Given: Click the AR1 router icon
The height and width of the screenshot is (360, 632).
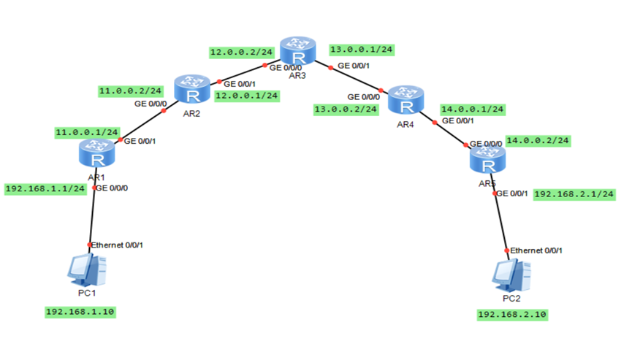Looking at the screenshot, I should (x=96, y=154).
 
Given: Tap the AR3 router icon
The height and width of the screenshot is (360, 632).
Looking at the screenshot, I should (x=297, y=50).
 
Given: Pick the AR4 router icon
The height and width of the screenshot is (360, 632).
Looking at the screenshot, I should (x=406, y=99).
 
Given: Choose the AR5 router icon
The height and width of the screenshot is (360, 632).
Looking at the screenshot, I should (x=487, y=158).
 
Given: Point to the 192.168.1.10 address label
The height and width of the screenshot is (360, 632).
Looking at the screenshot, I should (x=81, y=312).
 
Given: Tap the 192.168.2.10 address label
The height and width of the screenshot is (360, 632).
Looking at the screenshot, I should (x=512, y=315).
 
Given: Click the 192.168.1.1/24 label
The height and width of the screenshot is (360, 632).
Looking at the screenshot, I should (x=45, y=188).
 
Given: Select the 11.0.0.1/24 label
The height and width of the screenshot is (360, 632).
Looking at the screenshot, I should (x=86, y=132).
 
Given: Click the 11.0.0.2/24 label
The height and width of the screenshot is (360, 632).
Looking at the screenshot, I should (x=130, y=91).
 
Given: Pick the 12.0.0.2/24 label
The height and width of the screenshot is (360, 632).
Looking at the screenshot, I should (x=241, y=52).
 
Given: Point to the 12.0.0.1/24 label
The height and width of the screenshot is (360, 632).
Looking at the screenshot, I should (x=246, y=95).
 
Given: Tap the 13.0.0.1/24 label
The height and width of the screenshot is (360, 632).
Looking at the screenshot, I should (x=362, y=49).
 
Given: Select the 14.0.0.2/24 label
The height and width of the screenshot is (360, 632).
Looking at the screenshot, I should (x=538, y=140).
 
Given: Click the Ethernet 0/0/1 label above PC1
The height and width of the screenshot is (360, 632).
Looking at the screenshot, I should (x=117, y=245).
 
